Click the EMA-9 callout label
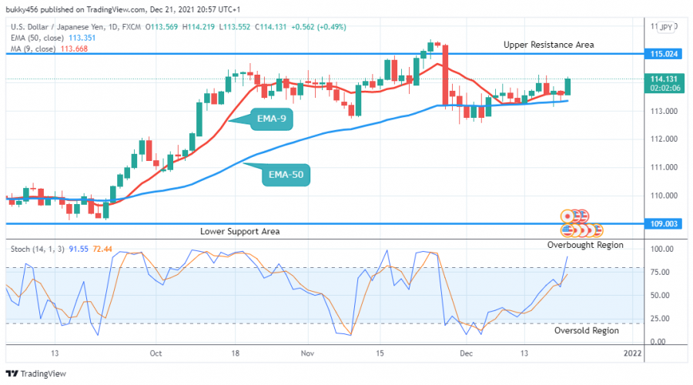click(x=276, y=120)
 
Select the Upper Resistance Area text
click(x=549, y=45)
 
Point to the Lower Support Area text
click(x=239, y=231)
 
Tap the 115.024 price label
click(x=664, y=55)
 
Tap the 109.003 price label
click(x=664, y=223)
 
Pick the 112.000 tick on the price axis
click(x=662, y=139)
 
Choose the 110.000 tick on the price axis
click(x=662, y=196)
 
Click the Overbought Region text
click(x=585, y=245)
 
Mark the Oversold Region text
click(x=587, y=330)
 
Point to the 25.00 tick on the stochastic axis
click(x=658, y=318)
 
